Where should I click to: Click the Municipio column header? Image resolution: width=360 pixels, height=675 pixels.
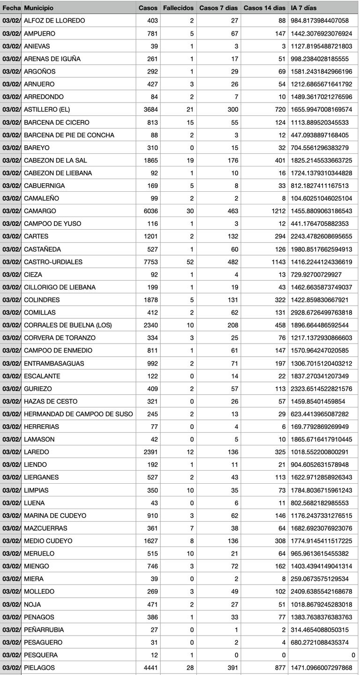[x=38, y=8]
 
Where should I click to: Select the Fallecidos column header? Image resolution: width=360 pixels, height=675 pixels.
[x=178, y=8]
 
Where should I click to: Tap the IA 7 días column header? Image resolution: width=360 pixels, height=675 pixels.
[x=304, y=8]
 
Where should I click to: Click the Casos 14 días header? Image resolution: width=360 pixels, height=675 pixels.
[x=264, y=8]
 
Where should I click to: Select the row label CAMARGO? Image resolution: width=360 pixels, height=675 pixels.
[x=40, y=211]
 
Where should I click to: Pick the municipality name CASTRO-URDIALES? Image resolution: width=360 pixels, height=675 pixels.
[x=53, y=262]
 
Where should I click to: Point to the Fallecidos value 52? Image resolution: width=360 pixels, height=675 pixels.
[x=190, y=262]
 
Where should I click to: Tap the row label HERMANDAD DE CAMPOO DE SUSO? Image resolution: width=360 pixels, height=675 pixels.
[x=78, y=414]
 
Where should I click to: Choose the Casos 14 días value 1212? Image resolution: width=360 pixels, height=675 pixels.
[x=278, y=211]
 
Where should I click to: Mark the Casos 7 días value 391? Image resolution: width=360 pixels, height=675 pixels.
[x=232, y=667]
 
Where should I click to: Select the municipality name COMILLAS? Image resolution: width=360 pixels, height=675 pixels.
[x=40, y=313]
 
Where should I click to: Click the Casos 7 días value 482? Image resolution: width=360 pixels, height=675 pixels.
[x=232, y=262]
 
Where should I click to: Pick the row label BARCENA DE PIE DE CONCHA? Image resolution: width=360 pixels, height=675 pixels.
[x=69, y=135]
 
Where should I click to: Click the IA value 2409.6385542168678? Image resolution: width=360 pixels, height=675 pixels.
[x=322, y=592]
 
